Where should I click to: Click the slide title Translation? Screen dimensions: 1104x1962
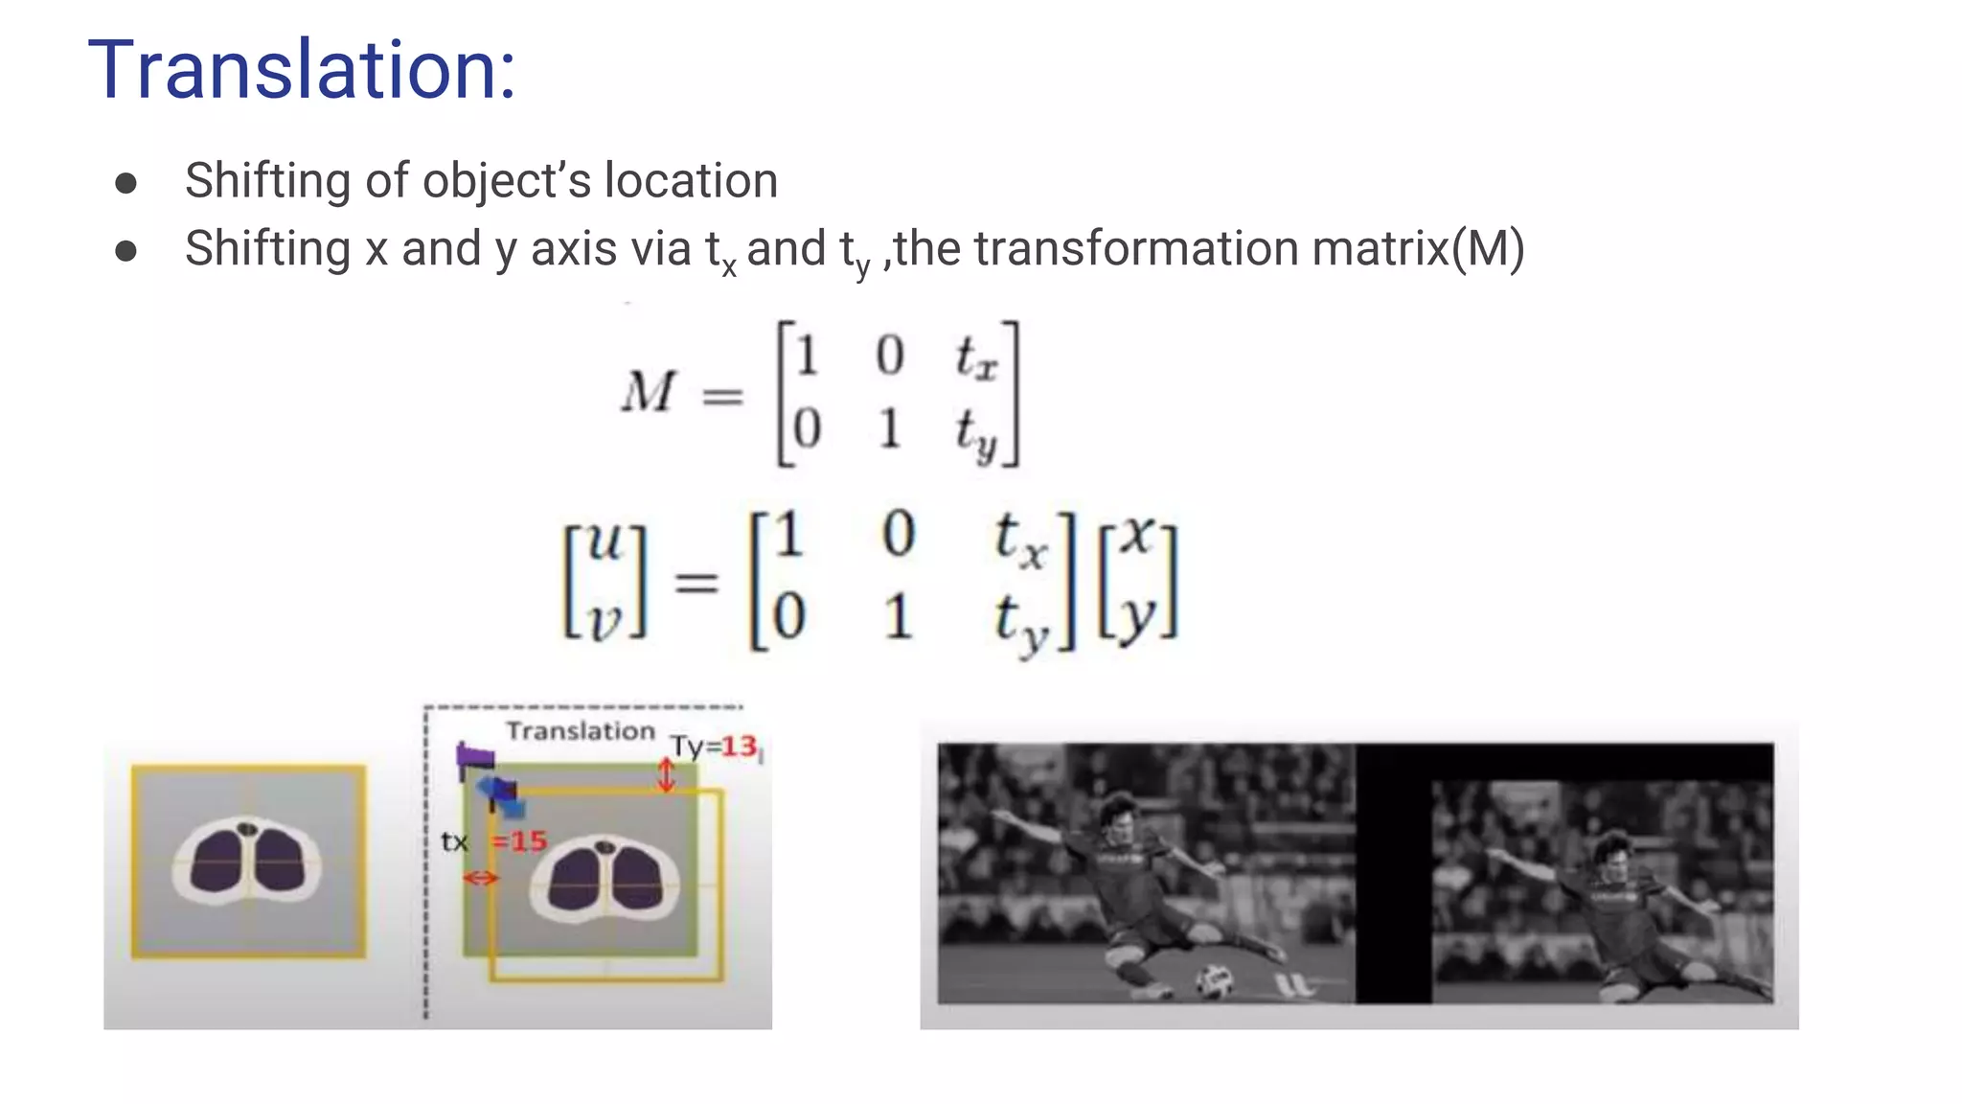(x=302, y=69)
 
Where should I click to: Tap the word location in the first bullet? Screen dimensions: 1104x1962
(x=691, y=181)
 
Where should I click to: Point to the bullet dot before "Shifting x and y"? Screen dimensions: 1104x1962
(x=125, y=251)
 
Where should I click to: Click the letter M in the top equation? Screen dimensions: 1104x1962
(x=649, y=392)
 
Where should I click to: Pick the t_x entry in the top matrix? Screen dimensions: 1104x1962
(x=975, y=357)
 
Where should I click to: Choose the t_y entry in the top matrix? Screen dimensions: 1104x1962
(x=975, y=432)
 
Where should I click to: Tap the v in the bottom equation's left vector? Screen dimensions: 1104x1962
(x=605, y=622)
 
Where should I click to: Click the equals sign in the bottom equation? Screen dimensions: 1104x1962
(x=696, y=582)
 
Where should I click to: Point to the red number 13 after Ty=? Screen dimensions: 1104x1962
(x=740, y=746)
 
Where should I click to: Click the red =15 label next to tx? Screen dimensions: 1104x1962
(x=519, y=841)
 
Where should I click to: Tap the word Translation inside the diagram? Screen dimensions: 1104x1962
(x=581, y=731)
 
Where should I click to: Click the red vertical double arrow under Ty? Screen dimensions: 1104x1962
(x=666, y=774)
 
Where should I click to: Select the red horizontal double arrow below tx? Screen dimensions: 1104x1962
(x=480, y=878)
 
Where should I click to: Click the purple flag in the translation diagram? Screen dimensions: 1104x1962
(x=474, y=760)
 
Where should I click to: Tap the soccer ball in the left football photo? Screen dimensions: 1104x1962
(x=1215, y=978)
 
